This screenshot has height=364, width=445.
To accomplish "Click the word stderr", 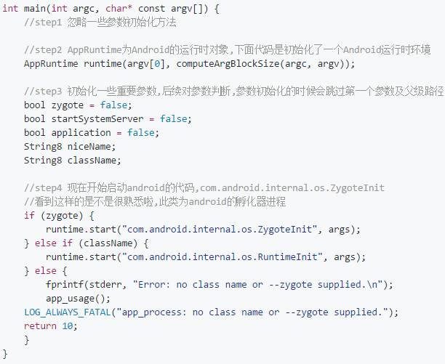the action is pyautogui.click(x=104, y=285).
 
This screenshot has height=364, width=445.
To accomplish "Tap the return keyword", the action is pyautogui.click(x=40, y=326).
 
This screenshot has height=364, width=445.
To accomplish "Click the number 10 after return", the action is pyautogui.click(x=68, y=326).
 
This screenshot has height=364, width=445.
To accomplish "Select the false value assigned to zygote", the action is pyautogui.click(x=115, y=105).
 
